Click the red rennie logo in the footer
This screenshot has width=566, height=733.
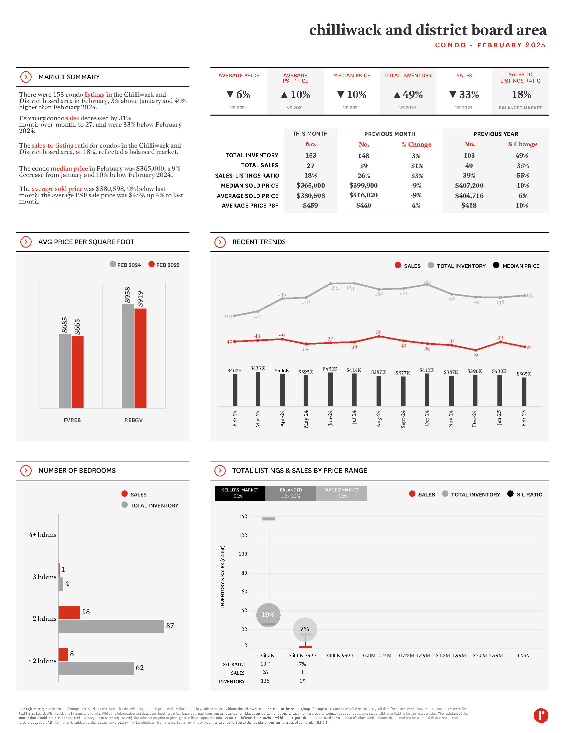click(540, 715)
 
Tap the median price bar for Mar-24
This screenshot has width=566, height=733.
click(257, 388)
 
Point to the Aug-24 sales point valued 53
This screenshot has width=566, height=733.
click(379, 336)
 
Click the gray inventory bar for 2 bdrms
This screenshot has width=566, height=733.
click(111, 626)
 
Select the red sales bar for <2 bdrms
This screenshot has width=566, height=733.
click(63, 654)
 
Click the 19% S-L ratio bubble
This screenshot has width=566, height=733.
click(268, 614)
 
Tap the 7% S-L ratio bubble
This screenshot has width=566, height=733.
click(304, 629)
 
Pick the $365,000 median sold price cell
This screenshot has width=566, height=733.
click(311, 185)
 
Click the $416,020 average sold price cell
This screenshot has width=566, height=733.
click(364, 195)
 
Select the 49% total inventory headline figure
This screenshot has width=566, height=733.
click(408, 95)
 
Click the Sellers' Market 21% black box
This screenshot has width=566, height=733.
click(240, 493)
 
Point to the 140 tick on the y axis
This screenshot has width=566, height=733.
click(243, 516)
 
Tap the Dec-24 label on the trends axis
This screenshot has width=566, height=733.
click(474, 418)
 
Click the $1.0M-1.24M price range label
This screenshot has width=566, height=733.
click(376, 655)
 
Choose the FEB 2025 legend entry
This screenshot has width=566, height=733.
click(164, 265)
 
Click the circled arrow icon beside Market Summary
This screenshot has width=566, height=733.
click(26, 77)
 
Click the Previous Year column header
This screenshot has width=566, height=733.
click(496, 134)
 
